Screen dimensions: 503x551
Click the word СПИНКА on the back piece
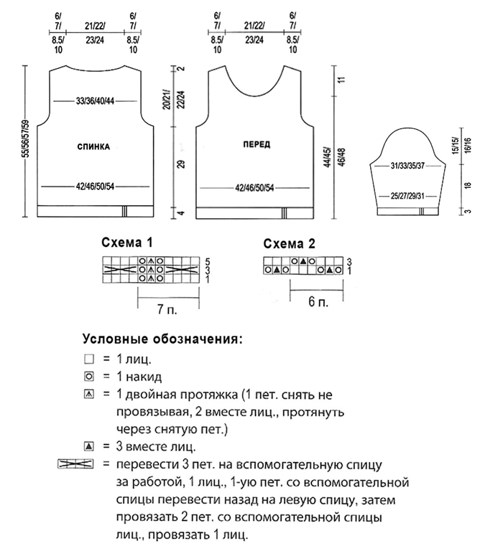point(93,146)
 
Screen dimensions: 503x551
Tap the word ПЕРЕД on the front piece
point(257,144)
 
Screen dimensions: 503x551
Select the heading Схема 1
point(127,242)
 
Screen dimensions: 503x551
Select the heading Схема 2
point(289,243)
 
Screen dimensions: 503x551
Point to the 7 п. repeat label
point(167,309)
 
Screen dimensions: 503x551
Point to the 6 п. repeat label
point(318,302)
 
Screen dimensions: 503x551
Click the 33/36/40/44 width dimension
point(95,101)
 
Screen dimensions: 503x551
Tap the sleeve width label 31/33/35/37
point(407,166)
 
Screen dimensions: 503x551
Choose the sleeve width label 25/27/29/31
point(407,196)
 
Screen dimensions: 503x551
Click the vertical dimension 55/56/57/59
point(25,138)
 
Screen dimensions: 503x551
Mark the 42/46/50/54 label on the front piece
point(254,188)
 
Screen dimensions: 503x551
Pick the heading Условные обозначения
point(162,339)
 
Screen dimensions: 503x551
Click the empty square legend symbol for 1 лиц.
point(89,359)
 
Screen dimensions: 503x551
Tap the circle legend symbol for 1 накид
point(89,377)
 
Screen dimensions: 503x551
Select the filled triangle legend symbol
point(89,447)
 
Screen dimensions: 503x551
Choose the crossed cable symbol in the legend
point(75,464)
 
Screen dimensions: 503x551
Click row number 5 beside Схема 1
point(208,261)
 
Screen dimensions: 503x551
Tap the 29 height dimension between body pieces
point(181,164)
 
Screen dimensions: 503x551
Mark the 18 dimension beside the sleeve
point(468,186)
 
